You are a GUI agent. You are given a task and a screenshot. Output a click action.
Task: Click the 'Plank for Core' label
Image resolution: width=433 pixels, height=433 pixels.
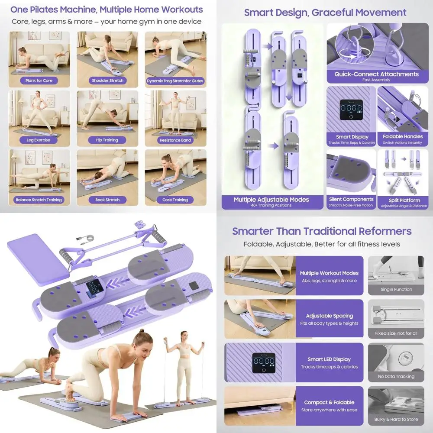coord(39,81)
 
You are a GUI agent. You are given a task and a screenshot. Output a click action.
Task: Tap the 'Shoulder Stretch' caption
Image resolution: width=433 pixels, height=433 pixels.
coord(107,81)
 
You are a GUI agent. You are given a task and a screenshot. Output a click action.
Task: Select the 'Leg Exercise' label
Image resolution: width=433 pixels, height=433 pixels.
coord(39,140)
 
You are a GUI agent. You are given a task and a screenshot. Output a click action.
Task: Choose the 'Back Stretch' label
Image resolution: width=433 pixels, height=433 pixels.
coord(107,200)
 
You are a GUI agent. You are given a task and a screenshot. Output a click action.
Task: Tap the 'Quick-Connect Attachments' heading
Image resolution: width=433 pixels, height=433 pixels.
coord(376,74)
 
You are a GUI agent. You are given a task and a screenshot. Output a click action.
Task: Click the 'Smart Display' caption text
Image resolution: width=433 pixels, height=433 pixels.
coord(352,137)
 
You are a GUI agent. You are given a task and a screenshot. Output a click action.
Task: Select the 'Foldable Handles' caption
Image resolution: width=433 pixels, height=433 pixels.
coord(403,136)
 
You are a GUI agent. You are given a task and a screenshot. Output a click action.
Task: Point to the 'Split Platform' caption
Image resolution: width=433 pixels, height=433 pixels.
coord(404,200)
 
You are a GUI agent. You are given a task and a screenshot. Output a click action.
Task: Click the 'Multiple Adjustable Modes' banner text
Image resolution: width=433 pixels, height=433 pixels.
coord(271,200)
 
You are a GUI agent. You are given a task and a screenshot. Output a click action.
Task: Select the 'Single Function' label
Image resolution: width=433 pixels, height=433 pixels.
coord(396,289)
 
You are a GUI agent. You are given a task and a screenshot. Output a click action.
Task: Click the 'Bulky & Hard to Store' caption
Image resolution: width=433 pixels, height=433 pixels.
coord(396,420)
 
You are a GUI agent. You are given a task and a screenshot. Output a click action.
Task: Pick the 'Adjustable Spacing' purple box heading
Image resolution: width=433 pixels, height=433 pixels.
coord(329,316)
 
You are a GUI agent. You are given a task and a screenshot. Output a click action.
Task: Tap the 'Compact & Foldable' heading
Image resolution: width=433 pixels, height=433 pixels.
coord(329,402)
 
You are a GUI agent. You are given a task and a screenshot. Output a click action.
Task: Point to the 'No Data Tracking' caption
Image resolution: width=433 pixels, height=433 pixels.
coord(396,376)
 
